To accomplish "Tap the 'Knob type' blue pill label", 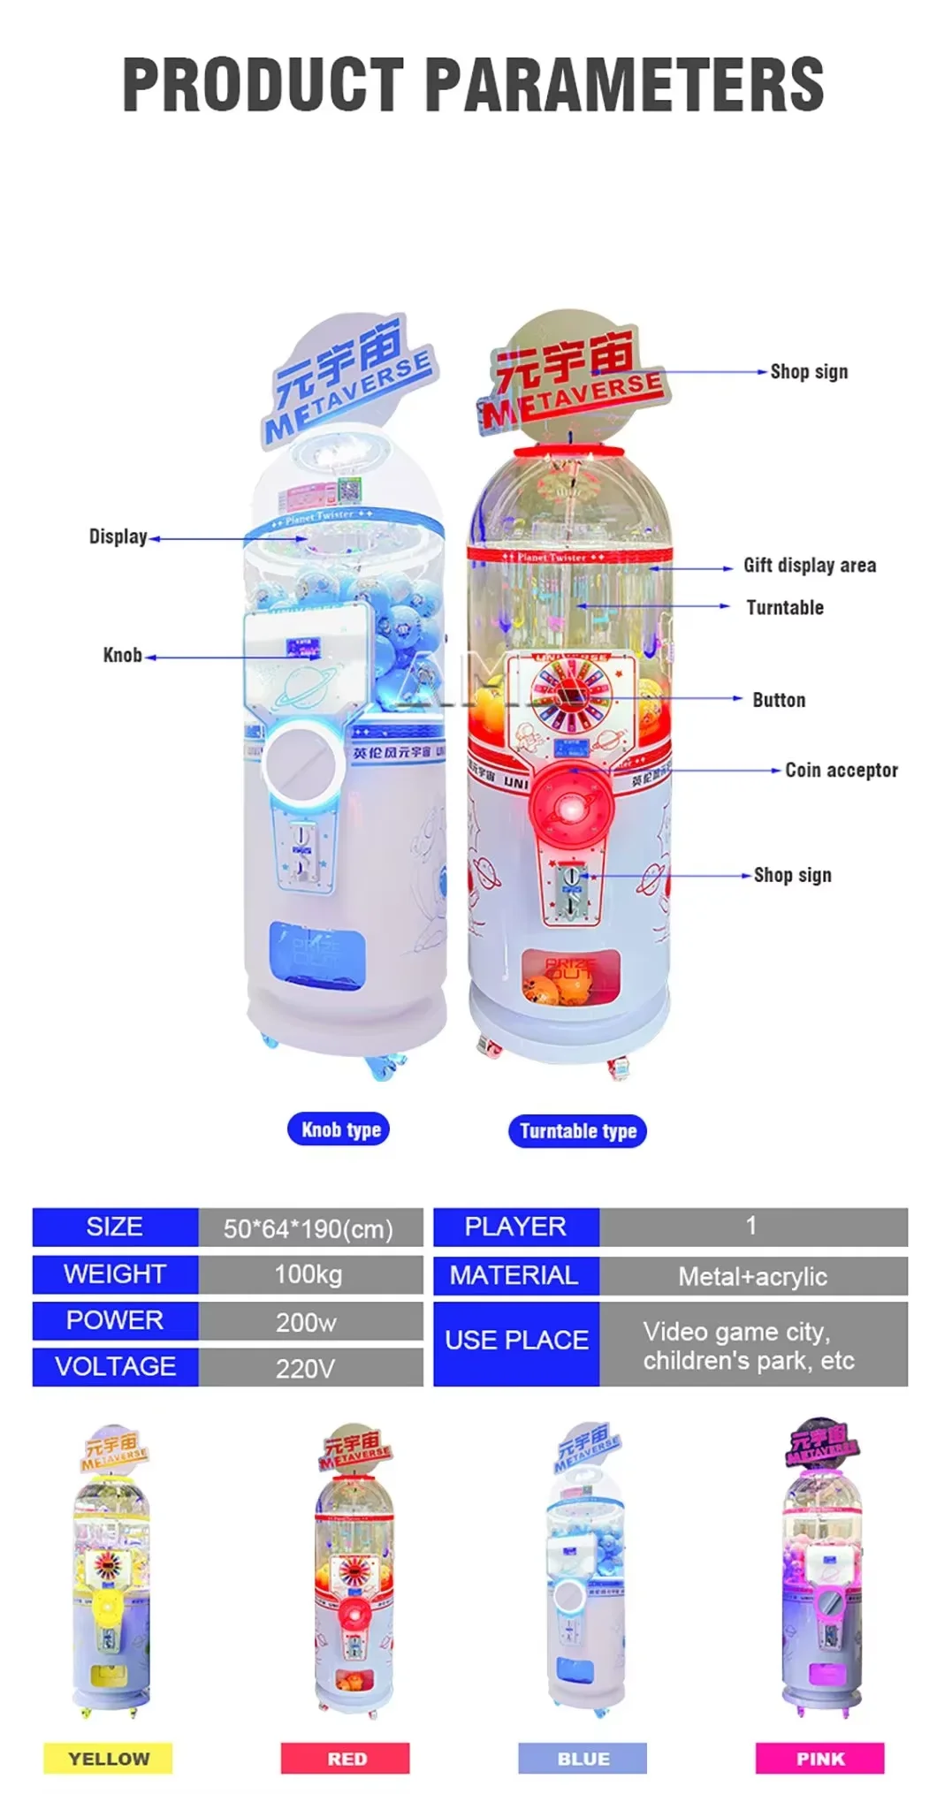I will [340, 1129].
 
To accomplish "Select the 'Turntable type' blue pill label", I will [577, 1131].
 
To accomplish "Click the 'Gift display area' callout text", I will [809, 566].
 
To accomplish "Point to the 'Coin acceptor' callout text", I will [841, 771].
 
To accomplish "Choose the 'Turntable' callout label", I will [784, 608].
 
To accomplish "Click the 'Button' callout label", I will [778, 701].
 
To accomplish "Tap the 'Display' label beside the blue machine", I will [118, 537].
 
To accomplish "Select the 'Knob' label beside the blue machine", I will [122, 656].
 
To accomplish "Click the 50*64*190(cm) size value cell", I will [309, 1228].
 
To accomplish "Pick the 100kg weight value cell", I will [309, 1274].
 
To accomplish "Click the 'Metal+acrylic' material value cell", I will [752, 1276].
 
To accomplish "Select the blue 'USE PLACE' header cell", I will [516, 1341].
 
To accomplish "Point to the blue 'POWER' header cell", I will [115, 1320].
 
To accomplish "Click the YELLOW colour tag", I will [108, 1759].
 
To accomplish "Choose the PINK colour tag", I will [819, 1759].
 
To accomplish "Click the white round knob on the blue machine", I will [303, 764].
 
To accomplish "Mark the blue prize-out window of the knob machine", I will [316, 948].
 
